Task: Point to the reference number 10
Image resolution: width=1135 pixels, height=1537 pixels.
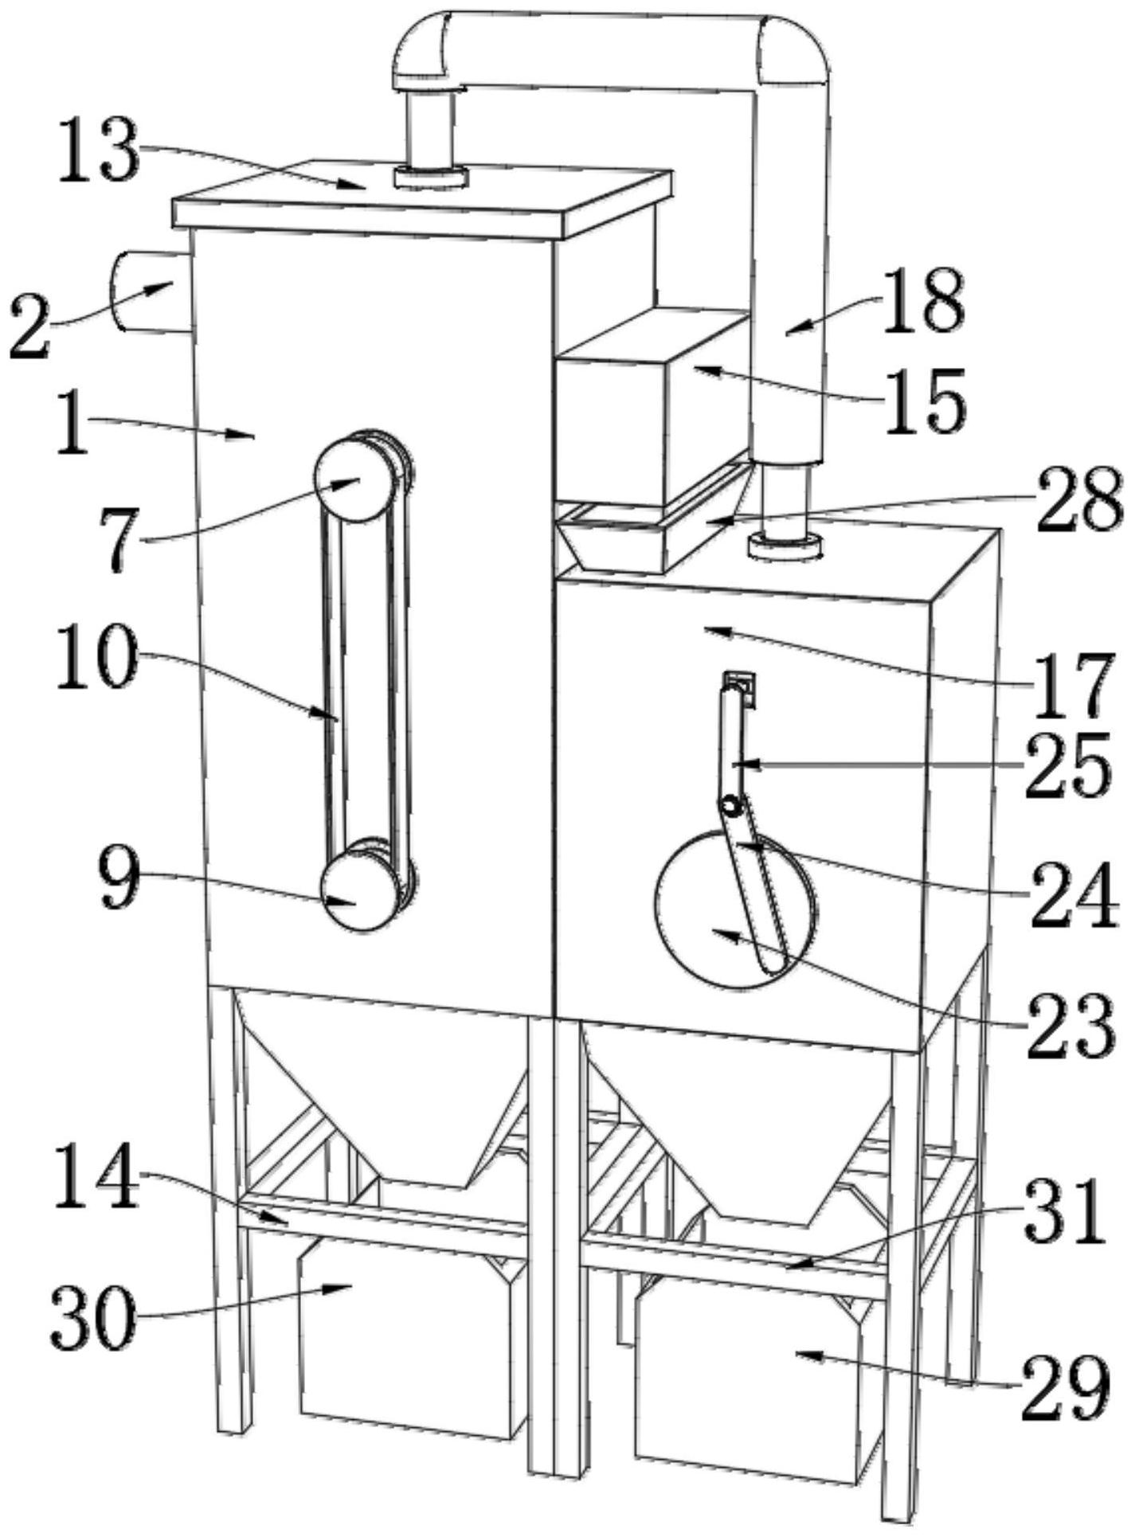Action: pyautogui.click(x=94, y=659)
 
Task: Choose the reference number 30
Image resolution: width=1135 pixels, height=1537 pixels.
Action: pyautogui.click(x=92, y=1320)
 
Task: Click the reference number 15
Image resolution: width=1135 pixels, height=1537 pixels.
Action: pyautogui.click(x=929, y=400)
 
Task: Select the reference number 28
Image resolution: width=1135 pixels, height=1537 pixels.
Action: pyautogui.click(x=1078, y=500)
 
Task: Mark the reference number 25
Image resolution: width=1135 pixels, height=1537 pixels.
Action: pyautogui.click(x=1067, y=765)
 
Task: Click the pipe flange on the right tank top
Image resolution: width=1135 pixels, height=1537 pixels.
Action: pyautogui.click(x=785, y=546)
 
